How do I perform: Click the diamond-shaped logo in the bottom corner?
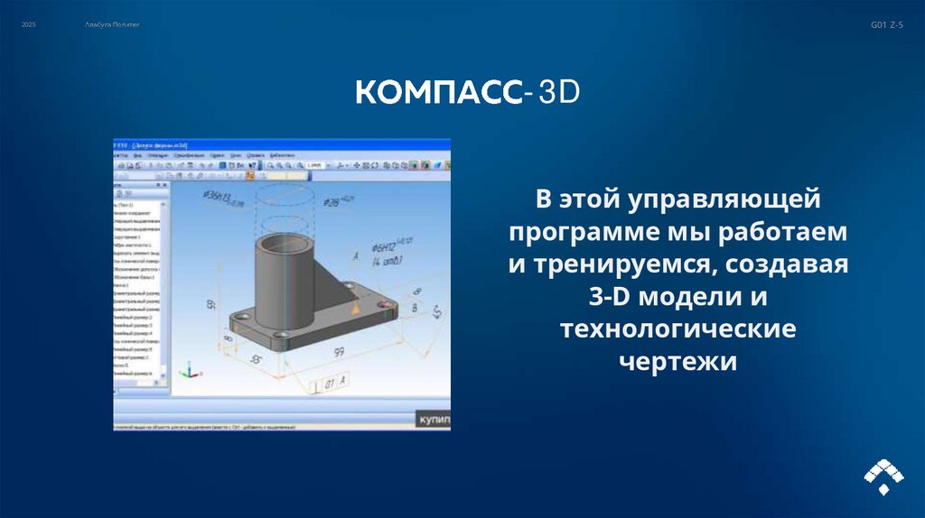(x=883, y=475)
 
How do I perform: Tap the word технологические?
(x=677, y=328)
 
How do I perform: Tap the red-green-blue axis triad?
(x=189, y=370)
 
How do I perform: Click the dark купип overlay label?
(x=432, y=420)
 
